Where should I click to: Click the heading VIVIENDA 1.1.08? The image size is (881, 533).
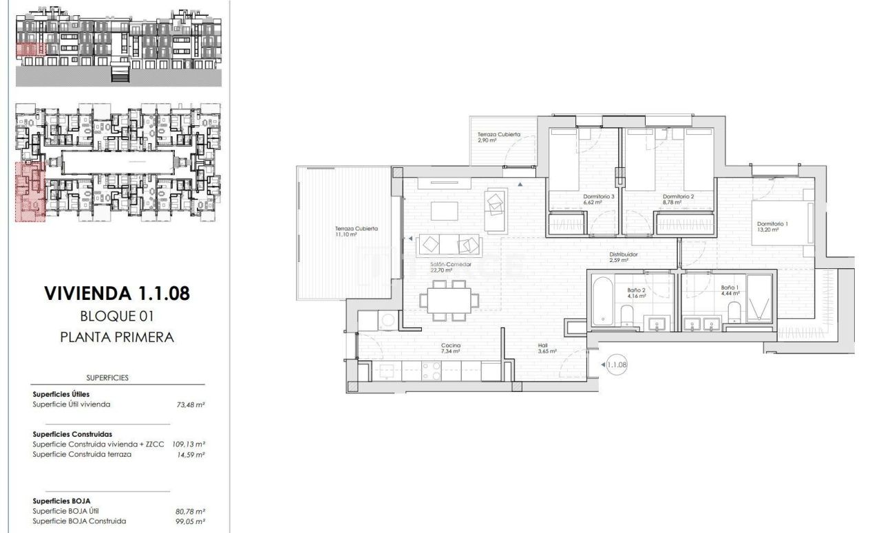[x=116, y=294]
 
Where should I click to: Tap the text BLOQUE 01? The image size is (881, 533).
[x=116, y=316]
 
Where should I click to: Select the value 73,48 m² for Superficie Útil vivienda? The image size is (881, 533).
[x=191, y=405]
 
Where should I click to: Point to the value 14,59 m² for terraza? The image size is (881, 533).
[x=191, y=455]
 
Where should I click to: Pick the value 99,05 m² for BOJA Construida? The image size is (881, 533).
[x=191, y=521]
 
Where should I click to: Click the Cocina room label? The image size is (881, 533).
[x=452, y=348]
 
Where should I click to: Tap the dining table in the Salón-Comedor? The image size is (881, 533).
[x=450, y=301]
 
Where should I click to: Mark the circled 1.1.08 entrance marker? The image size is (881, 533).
[x=617, y=365]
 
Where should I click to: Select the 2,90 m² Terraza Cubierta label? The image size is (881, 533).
[x=499, y=138]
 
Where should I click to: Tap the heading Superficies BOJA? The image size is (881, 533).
[x=62, y=501]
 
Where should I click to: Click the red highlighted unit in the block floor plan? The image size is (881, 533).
[x=30, y=192]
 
